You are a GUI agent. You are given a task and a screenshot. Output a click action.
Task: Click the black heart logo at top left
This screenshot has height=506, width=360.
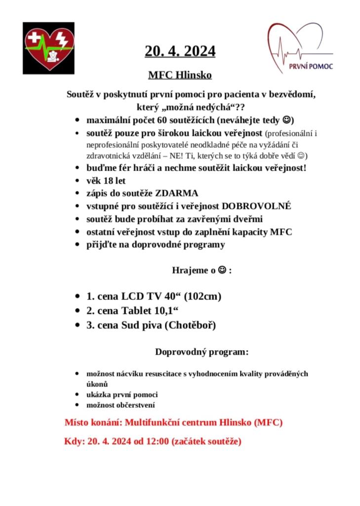pyautogui.click(x=48, y=48)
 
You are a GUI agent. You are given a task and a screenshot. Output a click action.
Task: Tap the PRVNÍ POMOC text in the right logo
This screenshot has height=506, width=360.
pyautogui.click(x=311, y=66)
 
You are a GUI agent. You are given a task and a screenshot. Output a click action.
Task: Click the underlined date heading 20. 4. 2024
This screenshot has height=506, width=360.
pyautogui.click(x=180, y=51)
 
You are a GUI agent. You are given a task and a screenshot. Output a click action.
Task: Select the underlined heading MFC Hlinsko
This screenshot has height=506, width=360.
pyautogui.click(x=180, y=75)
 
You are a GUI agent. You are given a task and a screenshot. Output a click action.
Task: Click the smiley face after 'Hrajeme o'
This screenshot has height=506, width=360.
pyautogui.click(x=222, y=270)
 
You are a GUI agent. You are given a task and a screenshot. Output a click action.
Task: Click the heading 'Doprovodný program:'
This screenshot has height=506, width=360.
pyautogui.click(x=201, y=352)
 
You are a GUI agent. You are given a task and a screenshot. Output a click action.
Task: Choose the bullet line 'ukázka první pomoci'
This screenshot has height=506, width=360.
pyautogui.click(x=122, y=395)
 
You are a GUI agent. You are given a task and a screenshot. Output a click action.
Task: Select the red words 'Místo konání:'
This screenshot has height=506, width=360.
pyautogui.click(x=93, y=423)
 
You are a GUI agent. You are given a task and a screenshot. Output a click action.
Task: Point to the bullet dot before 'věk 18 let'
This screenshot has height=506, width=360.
pyautogui.click(x=78, y=181)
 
